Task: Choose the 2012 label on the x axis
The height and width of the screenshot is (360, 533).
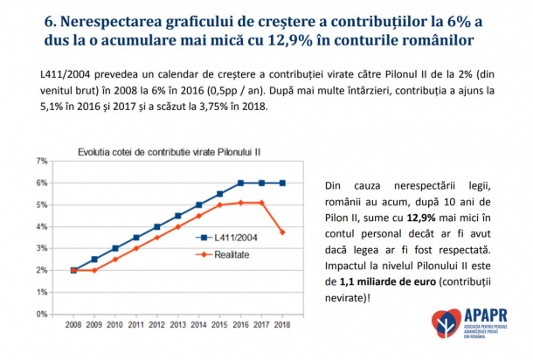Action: click(x=156, y=326)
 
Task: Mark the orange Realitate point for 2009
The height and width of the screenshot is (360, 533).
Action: click(x=93, y=270)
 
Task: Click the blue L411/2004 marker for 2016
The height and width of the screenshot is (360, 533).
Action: click(x=239, y=183)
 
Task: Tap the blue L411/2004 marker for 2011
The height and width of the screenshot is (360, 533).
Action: click(x=135, y=238)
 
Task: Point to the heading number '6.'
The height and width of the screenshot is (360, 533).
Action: click(x=51, y=20)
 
